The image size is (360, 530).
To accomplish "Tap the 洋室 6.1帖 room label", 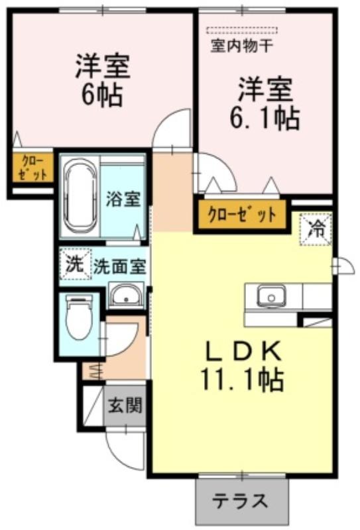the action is click(265, 104).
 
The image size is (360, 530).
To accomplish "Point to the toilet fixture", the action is click(79, 317).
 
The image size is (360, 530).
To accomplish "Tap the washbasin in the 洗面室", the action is click(127, 295).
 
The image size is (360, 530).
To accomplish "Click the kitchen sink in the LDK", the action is click(271, 295).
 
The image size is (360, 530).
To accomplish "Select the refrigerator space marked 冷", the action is click(316, 229).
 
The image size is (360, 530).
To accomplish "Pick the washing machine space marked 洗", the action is click(75, 264).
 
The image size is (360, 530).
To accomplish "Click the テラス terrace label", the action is click(241, 501).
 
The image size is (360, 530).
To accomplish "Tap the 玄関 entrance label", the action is click(125, 405).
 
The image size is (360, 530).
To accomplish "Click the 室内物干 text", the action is click(241, 46).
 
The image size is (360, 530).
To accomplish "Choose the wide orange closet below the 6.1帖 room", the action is click(242, 215).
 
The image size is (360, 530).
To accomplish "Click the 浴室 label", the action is click(123, 198).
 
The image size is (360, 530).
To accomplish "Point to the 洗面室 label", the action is click(120, 267).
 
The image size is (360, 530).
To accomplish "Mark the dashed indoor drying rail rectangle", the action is click(241, 30).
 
